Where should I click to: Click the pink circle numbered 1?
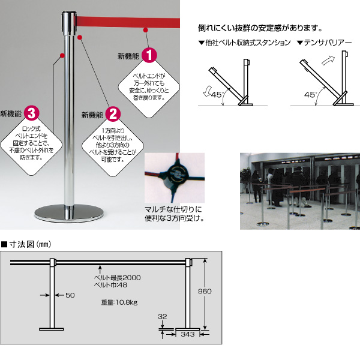[149, 55]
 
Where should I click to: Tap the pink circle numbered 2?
[113, 114]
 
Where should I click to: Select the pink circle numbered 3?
[32, 113]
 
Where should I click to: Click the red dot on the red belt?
[146, 30]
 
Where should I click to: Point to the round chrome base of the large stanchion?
[69, 214]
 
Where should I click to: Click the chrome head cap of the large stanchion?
[69, 23]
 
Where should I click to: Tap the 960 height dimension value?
[205, 292]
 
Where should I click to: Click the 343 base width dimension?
[188, 334]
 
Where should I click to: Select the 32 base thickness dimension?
[163, 317]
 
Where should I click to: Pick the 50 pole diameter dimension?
[70, 295]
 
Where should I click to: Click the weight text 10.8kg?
[126, 302]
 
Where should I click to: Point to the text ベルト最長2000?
[117, 278]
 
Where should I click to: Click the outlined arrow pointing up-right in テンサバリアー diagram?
[328, 60]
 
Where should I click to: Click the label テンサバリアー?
[328, 43]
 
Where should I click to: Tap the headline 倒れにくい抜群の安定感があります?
[260, 28]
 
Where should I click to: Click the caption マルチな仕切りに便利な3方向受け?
[175, 214]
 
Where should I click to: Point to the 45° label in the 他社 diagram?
[217, 95]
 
